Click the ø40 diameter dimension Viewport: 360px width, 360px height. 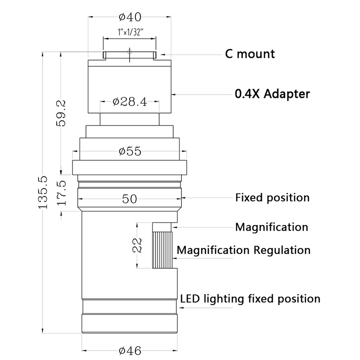pos(130,18)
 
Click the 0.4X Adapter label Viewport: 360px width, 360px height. pos(272,94)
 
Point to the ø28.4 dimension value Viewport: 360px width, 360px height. pos(130,102)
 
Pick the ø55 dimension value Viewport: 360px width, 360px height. pos(130,151)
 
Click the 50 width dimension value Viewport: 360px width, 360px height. pos(130,198)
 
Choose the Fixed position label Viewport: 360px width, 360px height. pos(273,198)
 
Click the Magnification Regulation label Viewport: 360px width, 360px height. pos(243,250)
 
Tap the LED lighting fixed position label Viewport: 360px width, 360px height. pos(250,298)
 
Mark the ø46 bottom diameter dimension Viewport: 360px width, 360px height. pos(130,350)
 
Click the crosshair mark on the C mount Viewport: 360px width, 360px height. pos(130,52)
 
